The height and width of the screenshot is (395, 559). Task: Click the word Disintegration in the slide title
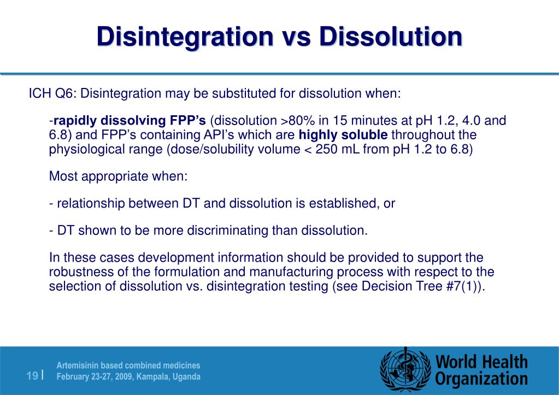185,37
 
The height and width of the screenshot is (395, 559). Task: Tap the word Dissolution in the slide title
390,37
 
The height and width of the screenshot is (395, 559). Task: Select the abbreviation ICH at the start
40,94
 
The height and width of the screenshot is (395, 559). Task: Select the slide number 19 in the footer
32,376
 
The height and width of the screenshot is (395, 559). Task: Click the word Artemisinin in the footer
80,365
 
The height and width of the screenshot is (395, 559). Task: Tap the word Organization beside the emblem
481,379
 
